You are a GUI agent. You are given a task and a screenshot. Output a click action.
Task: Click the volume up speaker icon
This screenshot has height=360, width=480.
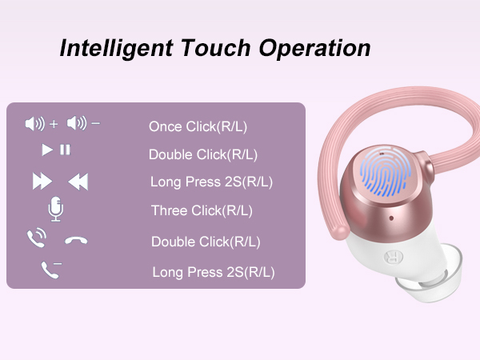coord(35,124)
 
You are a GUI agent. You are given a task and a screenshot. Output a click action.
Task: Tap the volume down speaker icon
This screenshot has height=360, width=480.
coord(77,124)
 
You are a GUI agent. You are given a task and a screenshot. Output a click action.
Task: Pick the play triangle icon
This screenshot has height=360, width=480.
coord(47,150)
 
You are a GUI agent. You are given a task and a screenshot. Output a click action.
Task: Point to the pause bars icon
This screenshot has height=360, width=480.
coord(65,150)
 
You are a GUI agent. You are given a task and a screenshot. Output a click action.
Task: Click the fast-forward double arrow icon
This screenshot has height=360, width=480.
coord(42,182)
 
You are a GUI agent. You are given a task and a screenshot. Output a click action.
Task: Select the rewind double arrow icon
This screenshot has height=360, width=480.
coord(77,182)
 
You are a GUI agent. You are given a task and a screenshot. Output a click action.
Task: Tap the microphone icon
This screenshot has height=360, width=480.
coord(56,210)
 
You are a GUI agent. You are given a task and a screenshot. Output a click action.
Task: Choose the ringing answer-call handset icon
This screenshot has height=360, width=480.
coord(37,238)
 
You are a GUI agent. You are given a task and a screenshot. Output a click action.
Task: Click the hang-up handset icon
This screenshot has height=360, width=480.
coord(76,240)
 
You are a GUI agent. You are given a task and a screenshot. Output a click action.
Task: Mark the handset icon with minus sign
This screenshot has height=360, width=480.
coord(50,270)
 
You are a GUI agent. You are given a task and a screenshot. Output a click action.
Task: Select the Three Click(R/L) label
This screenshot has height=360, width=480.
coord(202,211)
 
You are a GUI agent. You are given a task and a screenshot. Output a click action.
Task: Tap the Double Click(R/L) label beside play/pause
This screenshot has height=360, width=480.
coord(203,154)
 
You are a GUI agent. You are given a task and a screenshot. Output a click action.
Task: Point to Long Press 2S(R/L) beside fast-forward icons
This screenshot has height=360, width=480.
coord(211,182)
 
